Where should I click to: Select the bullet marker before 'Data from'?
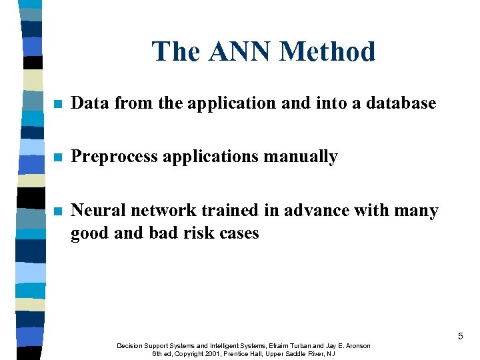point(58,104)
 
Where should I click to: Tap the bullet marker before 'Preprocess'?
point(58,157)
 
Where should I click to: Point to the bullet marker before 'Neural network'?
point(58,211)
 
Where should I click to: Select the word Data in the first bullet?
point(90,103)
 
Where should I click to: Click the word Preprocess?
point(114,157)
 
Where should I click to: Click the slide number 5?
point(460,337)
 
